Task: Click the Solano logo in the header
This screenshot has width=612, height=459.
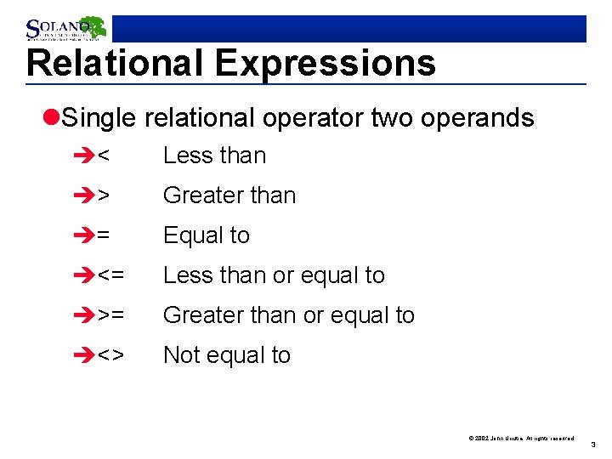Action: pyautogui.click(x=65, y=28)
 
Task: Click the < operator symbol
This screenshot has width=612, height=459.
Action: pyautogui.click(x=103, y=156)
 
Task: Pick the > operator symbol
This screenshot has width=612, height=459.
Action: pyautogui.click(x=103, y=195)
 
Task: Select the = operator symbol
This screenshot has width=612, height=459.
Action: pyautogui.click(x=103, y=235)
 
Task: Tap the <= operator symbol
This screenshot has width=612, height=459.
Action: pyautogui.click(x=110, y=275)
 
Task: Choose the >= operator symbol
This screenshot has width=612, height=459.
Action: pyautogui.click(x=110, y=315)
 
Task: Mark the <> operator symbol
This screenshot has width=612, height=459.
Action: pyautogui.click(x=110, y=355)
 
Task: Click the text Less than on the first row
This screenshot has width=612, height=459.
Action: pyautogui.click(x=214, y=156)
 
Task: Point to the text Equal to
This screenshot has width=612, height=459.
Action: pyautogui.click(x=206, y=235)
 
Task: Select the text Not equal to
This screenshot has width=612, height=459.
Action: pyautogui.click(x=226, y=355)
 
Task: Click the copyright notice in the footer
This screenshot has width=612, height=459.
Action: pyautogui.click(x=521, y=438)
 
